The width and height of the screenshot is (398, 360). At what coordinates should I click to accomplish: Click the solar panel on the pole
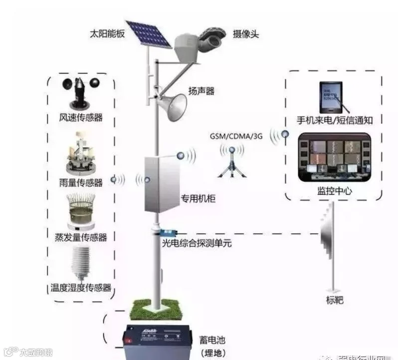pyautogui.click(x=148, y=33)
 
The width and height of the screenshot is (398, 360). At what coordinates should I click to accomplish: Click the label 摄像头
pyautogui.click(x=246, y=34)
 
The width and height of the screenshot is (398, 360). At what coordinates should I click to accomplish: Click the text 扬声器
pyautogui.click(x=201, y=91)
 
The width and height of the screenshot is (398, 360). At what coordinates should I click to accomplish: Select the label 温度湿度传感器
pyautogui.click(x=81, y=288)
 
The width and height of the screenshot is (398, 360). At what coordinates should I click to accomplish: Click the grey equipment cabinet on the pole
pyautogui.click(x=162, y=184)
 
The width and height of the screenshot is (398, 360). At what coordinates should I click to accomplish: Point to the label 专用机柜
pyautogui.click(x=198, y=199)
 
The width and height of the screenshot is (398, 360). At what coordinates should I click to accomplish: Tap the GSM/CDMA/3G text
pyautogui.click(x=236, y=136)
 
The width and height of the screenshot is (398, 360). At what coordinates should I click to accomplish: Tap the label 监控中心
pyautogui.click(x=334, y=191)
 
